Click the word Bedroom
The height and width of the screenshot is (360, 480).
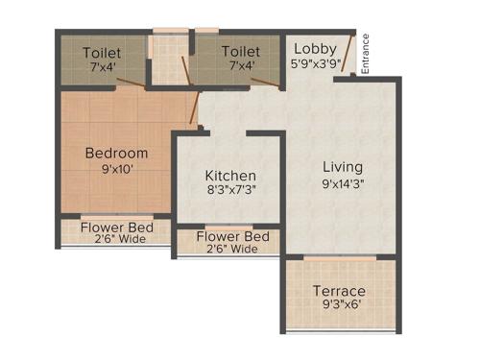coord(116,154)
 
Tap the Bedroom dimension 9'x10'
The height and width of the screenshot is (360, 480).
coord(116,170)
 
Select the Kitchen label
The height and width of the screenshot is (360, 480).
coord(230,176)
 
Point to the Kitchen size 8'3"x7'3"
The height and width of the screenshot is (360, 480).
coord(230,190)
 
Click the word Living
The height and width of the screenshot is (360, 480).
coord(342,165)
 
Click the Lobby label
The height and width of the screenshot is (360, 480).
coord(314,48)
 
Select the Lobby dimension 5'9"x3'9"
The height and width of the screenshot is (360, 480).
coord(314,64)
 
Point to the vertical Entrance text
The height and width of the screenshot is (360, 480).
coord(366,55)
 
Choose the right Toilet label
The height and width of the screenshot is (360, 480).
coord(240,51)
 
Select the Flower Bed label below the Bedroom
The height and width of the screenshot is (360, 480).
coord(113,228)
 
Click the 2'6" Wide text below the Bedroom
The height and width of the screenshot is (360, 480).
coord(113,239)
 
